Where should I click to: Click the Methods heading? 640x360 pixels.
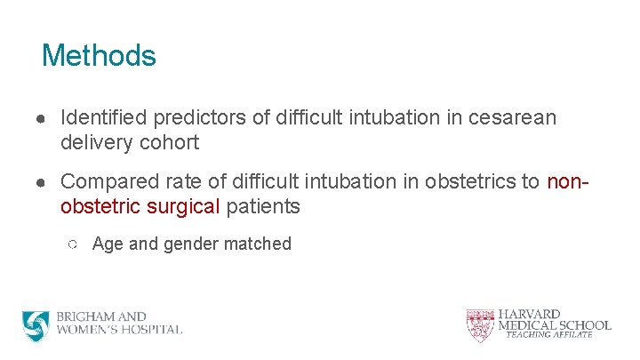[x=99, y=56]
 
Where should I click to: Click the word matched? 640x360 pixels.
[x=260, y=244]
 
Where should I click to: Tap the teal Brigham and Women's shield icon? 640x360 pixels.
[x=36, y=325]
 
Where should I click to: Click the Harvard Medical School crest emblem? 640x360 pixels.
[x=479, y=324]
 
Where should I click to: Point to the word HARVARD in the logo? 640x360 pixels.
[x=529, y=315]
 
